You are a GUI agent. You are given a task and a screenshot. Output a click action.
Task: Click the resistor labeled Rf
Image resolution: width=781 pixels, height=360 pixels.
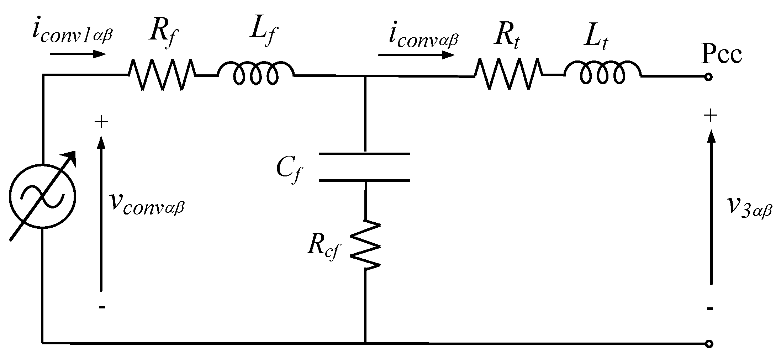162,75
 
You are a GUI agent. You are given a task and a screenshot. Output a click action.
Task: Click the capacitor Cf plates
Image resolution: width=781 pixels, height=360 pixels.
365,167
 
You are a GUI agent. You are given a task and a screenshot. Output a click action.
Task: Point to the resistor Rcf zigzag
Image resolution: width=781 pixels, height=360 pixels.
365,245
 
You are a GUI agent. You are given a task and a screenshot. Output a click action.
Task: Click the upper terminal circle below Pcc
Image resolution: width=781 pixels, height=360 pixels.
708,77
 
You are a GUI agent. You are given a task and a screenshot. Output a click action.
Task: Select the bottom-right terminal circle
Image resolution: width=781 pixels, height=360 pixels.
708,344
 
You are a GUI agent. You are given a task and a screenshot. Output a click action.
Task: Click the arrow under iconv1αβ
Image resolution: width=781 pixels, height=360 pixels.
78,54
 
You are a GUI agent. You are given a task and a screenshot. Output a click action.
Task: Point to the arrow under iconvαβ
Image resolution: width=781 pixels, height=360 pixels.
416,55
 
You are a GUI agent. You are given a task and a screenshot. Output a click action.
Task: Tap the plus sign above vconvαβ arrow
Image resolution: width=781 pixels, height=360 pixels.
101,122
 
